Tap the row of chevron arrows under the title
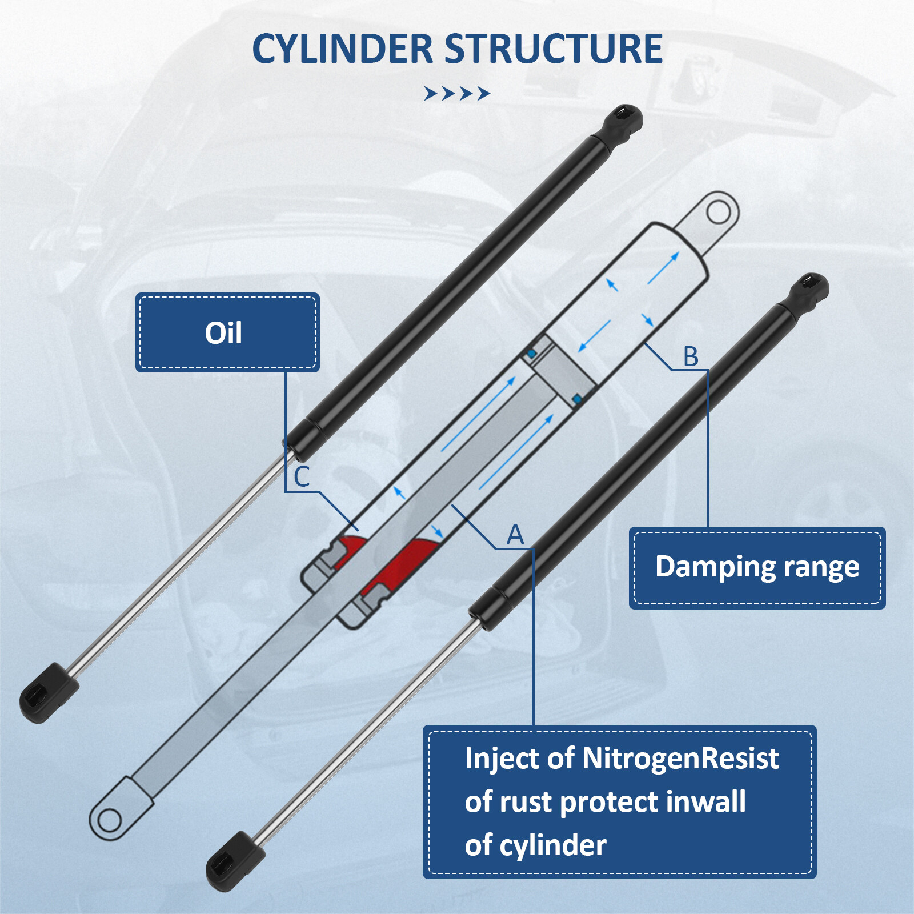coord(456,93)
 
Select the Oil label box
coord(227,332)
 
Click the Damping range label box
coord(757,567)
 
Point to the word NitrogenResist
coord(680,759)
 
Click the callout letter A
coord(515,535)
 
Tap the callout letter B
coord(691,356)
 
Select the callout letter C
coord(302,477)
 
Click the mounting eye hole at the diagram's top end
coord(719,213)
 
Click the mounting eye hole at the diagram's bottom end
coord(109,821)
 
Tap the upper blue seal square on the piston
coord(532,354)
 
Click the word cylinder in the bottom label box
coord(552,845)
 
